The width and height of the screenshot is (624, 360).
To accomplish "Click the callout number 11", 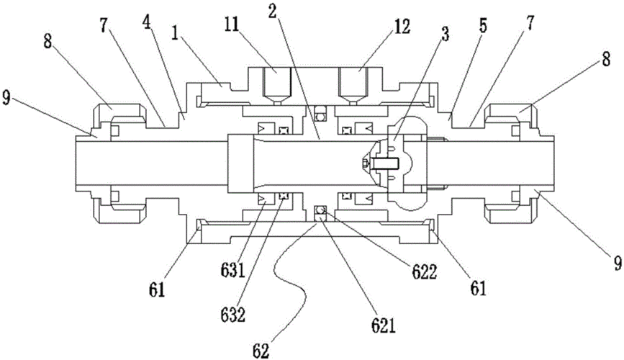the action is click(231, 25).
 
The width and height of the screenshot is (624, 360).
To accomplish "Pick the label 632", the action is click(232, 315).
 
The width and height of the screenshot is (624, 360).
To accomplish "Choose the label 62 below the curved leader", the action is click(261, 351).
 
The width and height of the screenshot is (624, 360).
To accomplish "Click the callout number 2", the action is click(273, 12).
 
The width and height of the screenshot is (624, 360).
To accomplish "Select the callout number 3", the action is click(445, 35).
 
